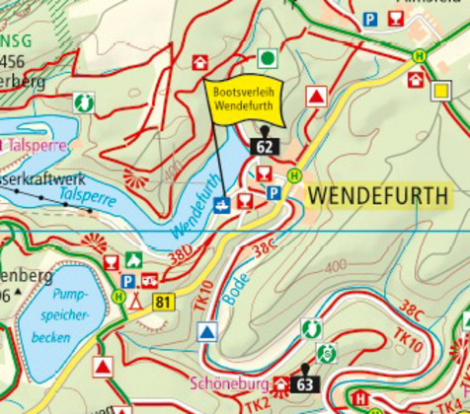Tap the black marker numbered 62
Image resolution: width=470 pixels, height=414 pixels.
(x=264, y=146)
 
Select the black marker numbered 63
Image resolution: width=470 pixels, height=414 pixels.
(x=304, y=383)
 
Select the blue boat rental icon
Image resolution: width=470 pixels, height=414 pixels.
(x=224, y=204)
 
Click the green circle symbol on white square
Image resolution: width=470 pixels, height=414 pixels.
(x=267, y=57)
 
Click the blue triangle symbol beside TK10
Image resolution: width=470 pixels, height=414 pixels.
(x=206, y=332)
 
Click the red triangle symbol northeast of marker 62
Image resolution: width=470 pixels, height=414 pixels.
(x=316, y=97)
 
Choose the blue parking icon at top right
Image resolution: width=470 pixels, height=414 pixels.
(x=370, y=19)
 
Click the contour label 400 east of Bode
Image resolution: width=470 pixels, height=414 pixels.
(x=336, y=266)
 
